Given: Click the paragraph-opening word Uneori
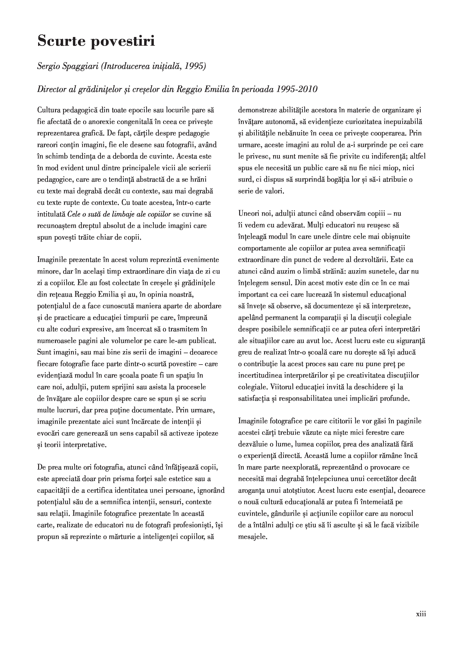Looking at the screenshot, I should click(248, 214).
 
